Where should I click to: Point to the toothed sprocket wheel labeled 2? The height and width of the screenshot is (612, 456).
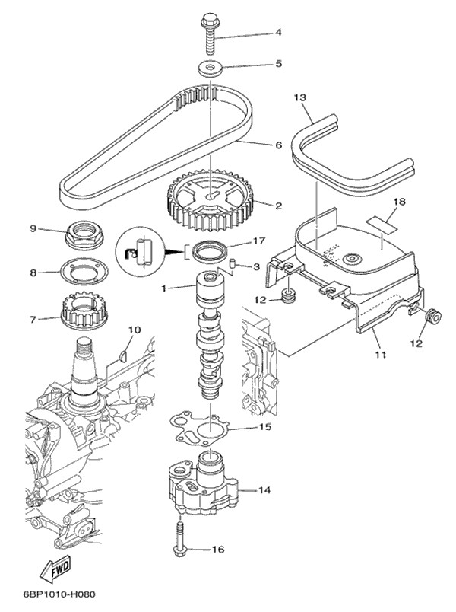(208, 202)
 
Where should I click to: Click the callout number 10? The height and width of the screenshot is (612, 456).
(134, 330)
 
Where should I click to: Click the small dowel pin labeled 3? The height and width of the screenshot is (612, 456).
(235, 266)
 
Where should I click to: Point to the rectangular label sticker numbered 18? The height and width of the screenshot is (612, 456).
(383, 224)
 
